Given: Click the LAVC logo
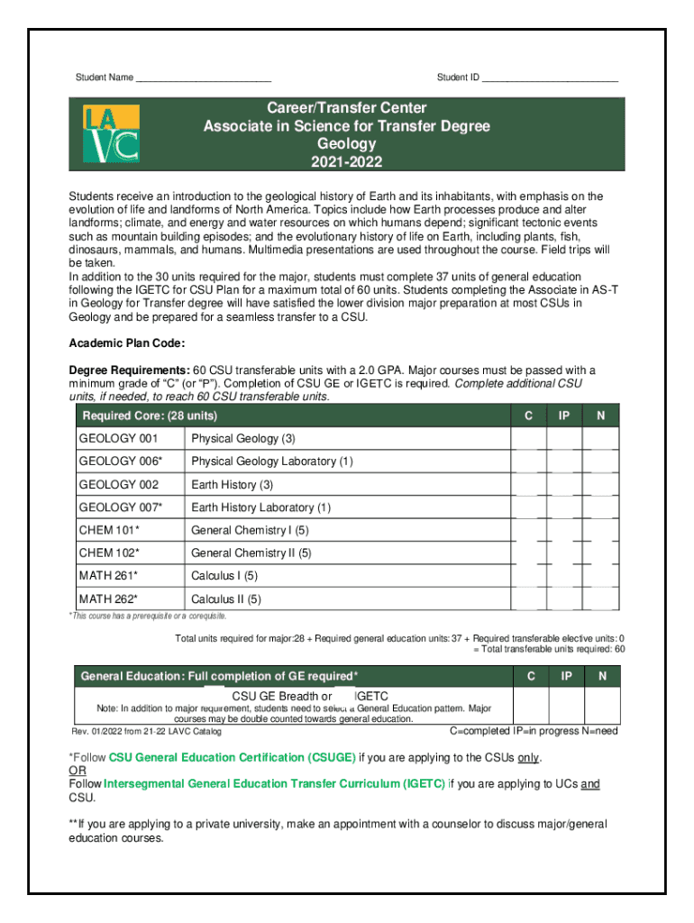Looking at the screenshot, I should click(111, 133).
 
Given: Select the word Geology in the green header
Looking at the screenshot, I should click(346, 144).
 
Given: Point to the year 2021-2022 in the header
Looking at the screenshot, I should click(346, 162).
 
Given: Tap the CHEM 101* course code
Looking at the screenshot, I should click(109, 531).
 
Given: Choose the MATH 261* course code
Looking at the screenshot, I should click(108, 576).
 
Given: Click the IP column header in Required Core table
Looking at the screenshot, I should click(564, 416).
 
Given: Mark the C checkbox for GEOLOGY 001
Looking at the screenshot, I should click(529, 439).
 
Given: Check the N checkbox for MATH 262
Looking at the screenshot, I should click(601, 599).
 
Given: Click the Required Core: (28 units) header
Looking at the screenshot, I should click(150, 416).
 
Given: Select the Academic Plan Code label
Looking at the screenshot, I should click(128, 343).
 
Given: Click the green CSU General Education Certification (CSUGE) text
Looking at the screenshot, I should click(233, 757).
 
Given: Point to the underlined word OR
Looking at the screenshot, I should click(78, 771).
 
